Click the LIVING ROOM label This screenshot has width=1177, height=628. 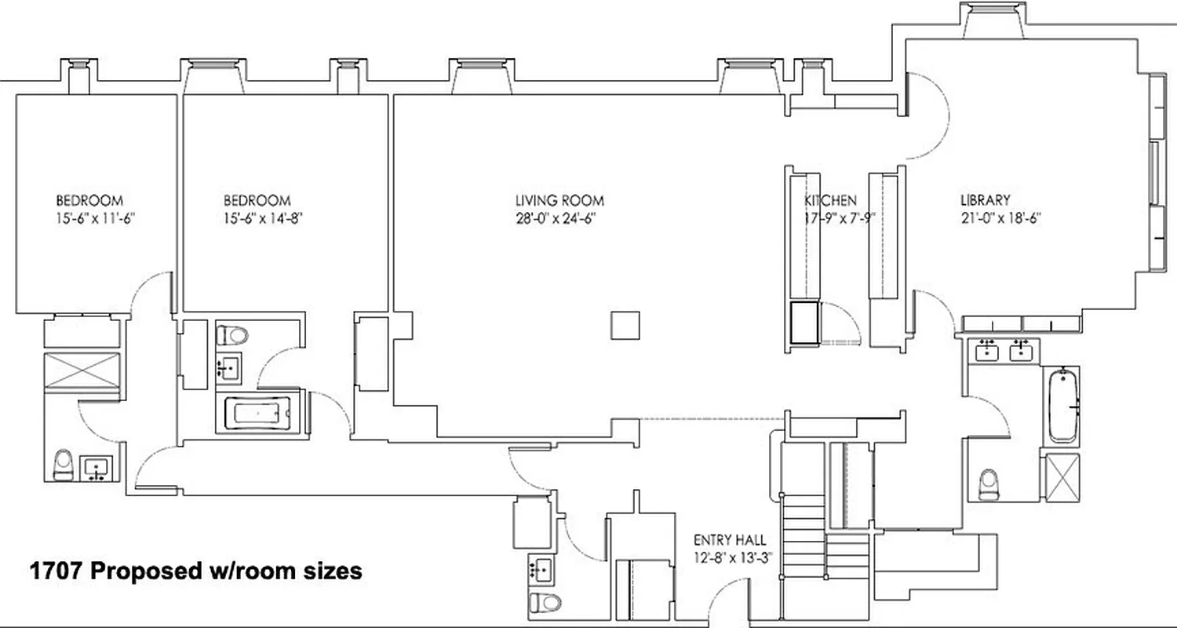pos(559,201)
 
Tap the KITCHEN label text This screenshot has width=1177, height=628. pos(830,201)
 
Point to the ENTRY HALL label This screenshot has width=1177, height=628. pos(730,540)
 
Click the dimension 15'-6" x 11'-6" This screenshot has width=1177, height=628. pos(89,219)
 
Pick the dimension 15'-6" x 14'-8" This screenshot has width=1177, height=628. pos(257,219)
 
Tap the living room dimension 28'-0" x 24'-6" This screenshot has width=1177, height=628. pos(559,219)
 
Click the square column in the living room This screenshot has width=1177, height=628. pos(625,325)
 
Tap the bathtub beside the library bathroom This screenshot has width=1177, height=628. pos(1063,407)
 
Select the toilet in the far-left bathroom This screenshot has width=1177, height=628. pos(63,466)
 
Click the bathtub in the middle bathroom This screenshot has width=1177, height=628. pos(257,412)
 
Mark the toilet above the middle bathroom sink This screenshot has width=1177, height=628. pos(232,335)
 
